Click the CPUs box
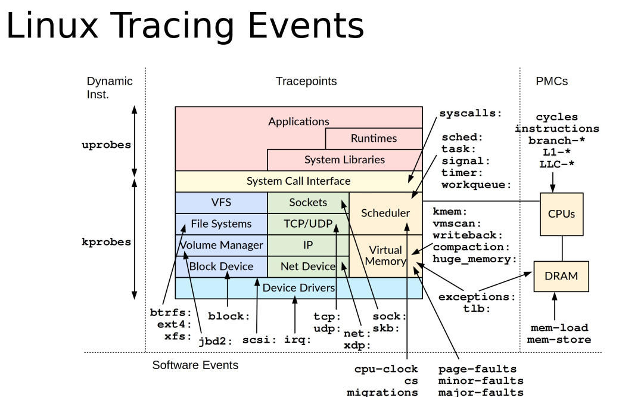click(561, 213)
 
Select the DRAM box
click(561, 276)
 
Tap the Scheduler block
click(385, 213)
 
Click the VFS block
click(221, 203)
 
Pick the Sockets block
click(308, 203)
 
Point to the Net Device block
click(308, 266)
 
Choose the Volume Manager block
click(221, 245)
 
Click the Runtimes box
click(374, 138)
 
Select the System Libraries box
click(344, 160)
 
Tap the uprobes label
click(106, 145)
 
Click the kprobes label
click(106, 243)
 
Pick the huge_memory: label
click(474, 259)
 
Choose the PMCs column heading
click(551, 82)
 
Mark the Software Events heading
click(195, 365)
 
